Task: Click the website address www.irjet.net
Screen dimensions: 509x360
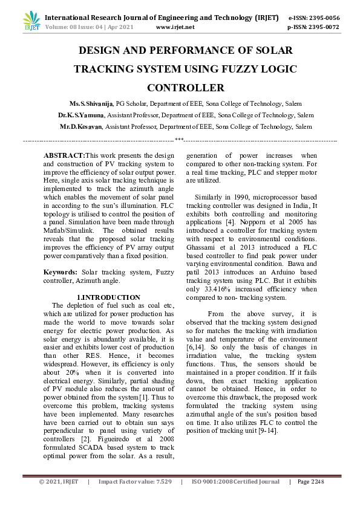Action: [175, 27]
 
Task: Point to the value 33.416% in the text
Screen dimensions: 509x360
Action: [217, 289]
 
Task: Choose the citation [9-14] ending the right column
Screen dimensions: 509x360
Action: [266, 430]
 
